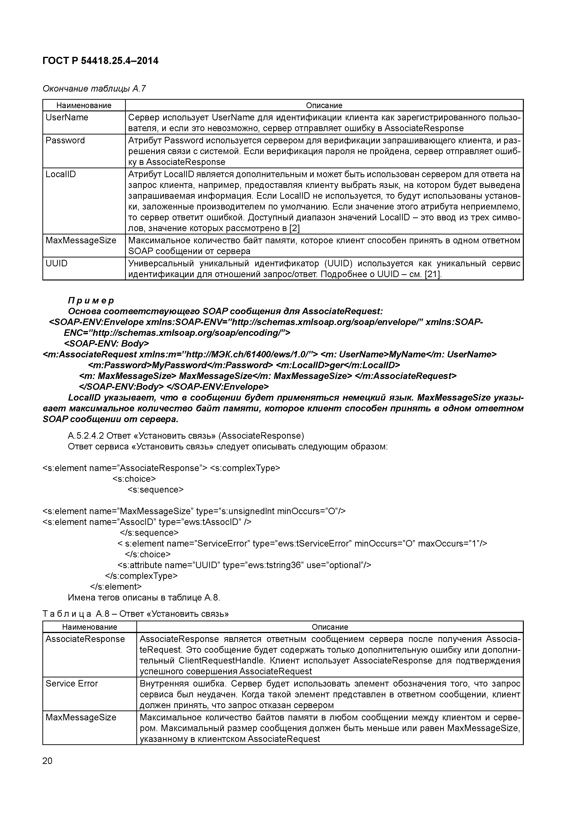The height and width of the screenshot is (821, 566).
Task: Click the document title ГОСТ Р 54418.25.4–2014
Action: click(100, 61)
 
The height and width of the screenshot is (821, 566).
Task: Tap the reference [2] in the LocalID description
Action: click(294, 228)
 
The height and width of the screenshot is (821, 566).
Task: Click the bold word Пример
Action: click(91, 301)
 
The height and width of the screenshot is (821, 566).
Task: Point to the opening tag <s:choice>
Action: click(134, 479)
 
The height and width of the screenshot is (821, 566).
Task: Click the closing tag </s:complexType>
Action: click(141, 576)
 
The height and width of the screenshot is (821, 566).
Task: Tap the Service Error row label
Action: click(72, 683)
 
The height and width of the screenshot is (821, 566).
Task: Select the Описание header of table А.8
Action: click(329, 627)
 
